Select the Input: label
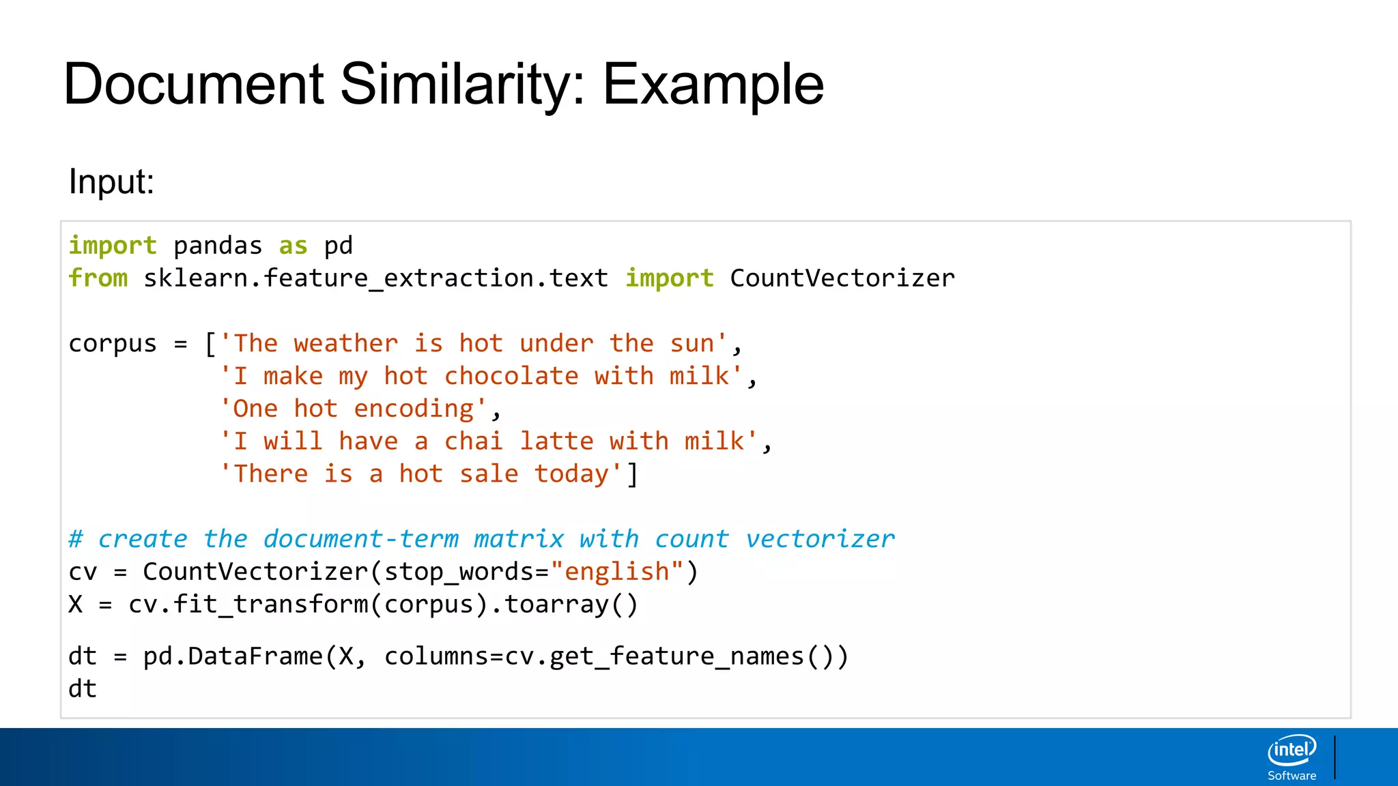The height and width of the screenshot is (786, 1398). (111, 181)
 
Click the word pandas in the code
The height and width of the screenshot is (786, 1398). (218, 246)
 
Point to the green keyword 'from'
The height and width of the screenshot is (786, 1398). (98, 278)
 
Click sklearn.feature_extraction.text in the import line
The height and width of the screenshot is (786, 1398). (375, 278)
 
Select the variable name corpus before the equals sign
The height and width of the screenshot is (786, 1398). (113, 344)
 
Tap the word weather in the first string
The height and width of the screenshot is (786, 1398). (346, 344)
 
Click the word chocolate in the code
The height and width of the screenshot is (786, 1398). (511, 377)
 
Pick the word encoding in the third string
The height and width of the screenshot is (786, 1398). (414, 409)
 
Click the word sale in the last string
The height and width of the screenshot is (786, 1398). (489, 474)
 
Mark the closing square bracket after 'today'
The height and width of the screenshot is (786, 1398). (633, 474)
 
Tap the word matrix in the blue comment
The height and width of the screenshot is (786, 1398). (519, 540)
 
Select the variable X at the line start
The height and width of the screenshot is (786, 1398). (76, 605)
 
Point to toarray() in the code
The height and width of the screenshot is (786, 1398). (571, 605)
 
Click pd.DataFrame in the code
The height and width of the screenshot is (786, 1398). (233, 656)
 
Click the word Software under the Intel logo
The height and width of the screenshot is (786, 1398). (1292, 776)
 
